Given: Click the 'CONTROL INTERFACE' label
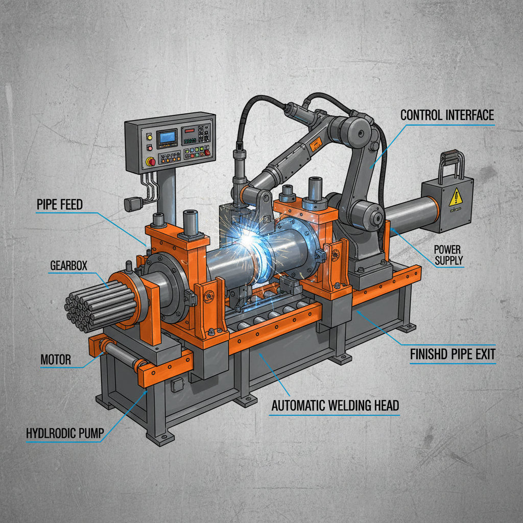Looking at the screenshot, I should pyautogui.click(x=447, y=115).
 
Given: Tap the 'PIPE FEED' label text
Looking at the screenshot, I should pyautogui.click(x=60, y=205).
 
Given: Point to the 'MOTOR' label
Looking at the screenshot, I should pyautogui.click(x=56, y=360).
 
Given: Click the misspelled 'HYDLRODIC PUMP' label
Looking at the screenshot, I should pyautogui.click(x=64, y=434).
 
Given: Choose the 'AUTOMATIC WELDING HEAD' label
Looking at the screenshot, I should pyautogui.click(x=335, y=407).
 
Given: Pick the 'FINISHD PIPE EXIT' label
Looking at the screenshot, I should pyautogui.click(x=453, y=353).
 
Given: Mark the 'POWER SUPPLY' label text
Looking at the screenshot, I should pyautogui.click(x=448, y=254).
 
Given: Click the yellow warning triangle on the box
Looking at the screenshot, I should pyautogui.click(x=455, y=197).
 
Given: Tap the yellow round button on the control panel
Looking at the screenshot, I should pyautogui.click(x=149, y=136).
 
